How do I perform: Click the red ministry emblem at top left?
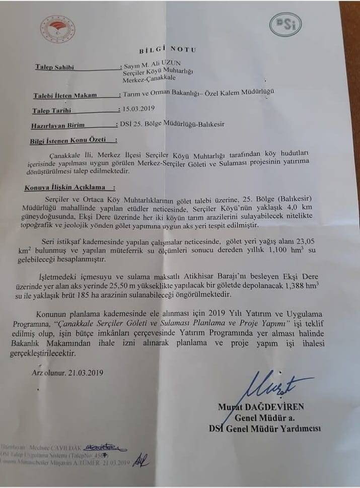coord(58,26)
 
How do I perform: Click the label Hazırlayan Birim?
coord(58,124)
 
